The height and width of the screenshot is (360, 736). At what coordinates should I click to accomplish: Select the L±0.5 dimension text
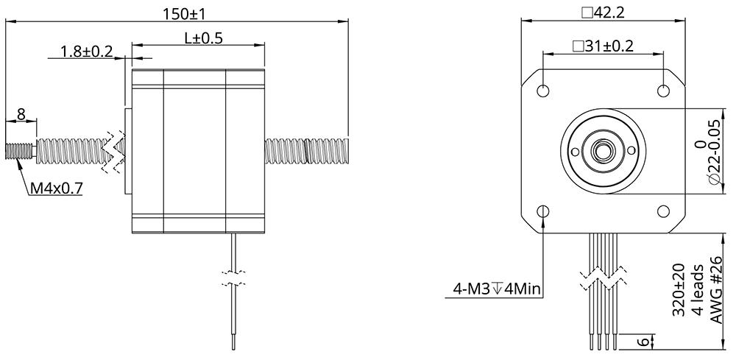tap(197, 38)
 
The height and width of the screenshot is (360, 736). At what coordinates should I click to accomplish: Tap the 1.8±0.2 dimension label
tap(87, 52)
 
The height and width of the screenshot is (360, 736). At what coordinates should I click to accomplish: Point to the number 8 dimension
tap(21, 114)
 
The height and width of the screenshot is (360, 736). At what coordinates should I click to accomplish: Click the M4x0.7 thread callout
tap(56, 189)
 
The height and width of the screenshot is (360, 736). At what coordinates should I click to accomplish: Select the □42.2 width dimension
tap(604, 13)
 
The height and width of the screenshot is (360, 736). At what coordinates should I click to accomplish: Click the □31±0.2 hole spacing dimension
tap(603, 46)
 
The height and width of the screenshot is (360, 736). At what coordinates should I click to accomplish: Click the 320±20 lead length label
tap(679, 291)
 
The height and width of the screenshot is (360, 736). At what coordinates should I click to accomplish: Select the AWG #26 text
tap(717, 290)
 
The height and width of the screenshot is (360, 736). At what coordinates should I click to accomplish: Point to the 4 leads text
tap(698, 291)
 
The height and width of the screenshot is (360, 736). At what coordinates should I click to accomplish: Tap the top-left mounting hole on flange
tap(543, 91)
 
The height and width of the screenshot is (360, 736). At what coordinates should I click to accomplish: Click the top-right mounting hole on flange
tap(664, 91)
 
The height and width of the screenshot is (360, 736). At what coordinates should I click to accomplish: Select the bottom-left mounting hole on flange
tap(543, 212)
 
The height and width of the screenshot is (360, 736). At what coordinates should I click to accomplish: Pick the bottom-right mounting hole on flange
tap(664, 212)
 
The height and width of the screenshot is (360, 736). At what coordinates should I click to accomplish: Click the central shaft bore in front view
tap(604, 151)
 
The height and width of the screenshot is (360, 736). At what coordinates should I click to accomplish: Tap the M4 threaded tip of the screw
tap(18, 151)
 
